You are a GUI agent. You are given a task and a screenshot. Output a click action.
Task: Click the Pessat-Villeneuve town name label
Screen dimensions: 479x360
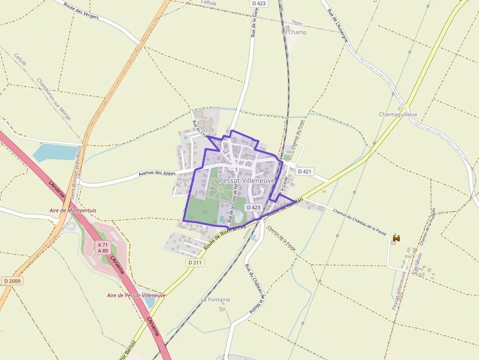pos(247,181)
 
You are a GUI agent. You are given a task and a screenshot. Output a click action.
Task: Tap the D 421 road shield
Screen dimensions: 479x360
pos(304,171)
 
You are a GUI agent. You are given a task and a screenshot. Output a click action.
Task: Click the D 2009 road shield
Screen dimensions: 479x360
pos(12,281)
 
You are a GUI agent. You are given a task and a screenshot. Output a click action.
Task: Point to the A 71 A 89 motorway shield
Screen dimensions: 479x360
pos(103,248)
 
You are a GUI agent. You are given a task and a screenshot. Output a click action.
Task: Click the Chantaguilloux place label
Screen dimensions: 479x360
pos(398,114)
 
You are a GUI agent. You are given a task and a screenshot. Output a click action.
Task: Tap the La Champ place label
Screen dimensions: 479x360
pos(294,32)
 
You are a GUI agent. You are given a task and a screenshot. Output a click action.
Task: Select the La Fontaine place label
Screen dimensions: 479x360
pos(216,299)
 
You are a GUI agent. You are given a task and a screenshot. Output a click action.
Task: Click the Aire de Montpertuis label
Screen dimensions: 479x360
pos(73,211)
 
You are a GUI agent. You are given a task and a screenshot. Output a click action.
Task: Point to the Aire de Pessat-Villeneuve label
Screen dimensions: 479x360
pos(136,296)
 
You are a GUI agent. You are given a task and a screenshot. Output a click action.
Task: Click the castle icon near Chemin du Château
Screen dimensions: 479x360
pos(396,238)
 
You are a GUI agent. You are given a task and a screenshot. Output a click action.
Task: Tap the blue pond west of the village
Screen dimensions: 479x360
pos(55,152)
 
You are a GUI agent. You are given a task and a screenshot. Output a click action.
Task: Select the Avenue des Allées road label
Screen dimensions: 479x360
pos(157,173)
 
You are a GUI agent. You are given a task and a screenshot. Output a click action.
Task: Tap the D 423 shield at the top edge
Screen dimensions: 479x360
pos(260,3)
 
